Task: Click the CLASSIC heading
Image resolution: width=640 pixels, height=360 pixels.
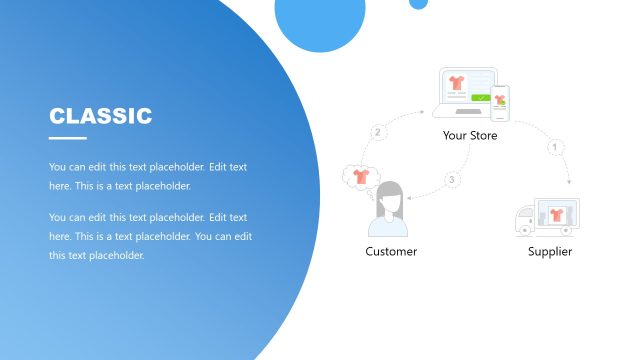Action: (101, 116)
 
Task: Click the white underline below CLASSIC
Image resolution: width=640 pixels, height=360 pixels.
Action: (68, 138)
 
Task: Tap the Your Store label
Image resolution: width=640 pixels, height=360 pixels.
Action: (469, 135)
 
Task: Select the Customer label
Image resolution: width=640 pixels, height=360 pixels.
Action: (391, 251)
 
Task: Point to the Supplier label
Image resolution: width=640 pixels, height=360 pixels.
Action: (550, 251)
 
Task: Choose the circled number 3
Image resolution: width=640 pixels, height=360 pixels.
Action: (452, 180)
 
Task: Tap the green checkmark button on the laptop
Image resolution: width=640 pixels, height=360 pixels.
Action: (482, 98)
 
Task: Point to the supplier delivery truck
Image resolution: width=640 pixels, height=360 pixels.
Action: (546, 218)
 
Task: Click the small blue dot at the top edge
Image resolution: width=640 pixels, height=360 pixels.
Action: (418, 3)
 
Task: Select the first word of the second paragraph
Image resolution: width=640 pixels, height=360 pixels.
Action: (58, 217)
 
